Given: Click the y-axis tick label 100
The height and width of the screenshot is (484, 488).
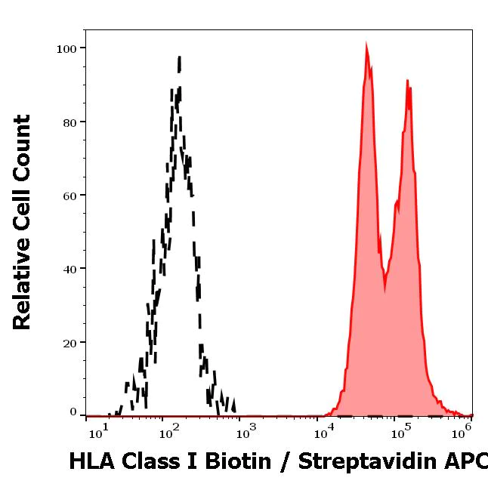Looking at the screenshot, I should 66,48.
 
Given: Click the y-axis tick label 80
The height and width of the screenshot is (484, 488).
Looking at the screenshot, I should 69,122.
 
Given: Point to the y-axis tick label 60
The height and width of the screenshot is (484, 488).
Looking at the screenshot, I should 69,196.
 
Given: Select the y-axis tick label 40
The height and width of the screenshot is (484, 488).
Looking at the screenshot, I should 69,269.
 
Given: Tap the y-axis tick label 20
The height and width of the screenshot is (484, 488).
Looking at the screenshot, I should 69,343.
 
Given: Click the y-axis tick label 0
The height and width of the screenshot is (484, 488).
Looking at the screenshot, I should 73,412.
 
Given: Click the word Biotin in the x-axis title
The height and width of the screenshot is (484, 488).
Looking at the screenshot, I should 234,461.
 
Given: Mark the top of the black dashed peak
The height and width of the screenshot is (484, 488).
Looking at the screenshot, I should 179,57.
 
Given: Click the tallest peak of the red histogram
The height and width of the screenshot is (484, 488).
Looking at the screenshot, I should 366,47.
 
